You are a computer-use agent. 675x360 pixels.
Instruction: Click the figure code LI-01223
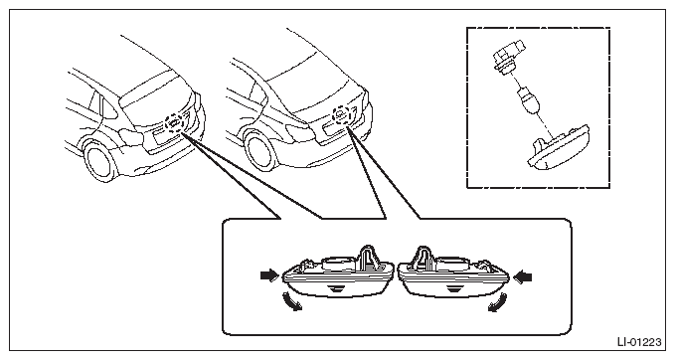[x=639, y=342]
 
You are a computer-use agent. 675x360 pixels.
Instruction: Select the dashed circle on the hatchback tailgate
[x=175, y=123]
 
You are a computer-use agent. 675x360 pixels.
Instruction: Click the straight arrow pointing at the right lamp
[x=523, y=276]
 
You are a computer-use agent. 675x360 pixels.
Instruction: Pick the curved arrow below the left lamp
[x=291, y=301]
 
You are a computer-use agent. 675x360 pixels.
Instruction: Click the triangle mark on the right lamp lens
[x=452, y=289]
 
